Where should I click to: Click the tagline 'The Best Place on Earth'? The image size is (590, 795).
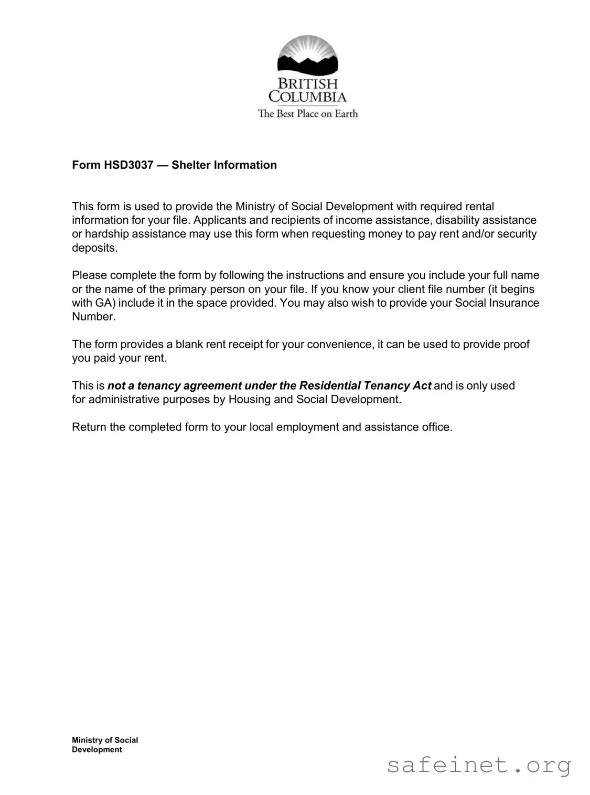click(307, 114)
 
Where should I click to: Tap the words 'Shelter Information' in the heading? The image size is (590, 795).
click(224, 165)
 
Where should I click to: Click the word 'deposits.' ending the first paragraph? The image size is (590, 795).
click(95, 248)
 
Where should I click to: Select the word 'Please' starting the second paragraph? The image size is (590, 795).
click(89, 275)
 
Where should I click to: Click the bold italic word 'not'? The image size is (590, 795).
click(116, 386)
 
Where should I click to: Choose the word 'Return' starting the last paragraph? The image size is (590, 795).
click(89, 427)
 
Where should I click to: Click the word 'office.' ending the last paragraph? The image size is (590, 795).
click(437, 427)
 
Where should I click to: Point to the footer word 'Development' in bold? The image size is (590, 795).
click(97, 750)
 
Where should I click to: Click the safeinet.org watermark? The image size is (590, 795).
click(479, 766)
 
